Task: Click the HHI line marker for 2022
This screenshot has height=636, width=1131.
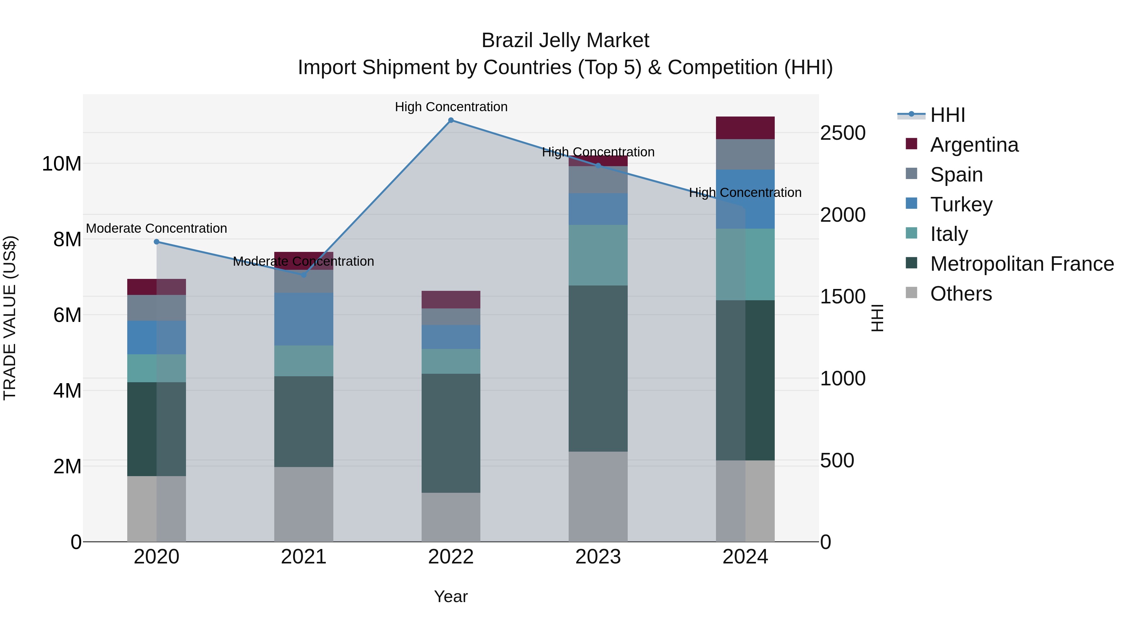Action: [451, 120]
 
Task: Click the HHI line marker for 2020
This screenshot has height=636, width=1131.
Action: [157, 242]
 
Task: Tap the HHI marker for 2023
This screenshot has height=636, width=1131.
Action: [598, 166]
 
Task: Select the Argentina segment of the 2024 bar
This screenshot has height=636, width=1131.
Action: [745, 128]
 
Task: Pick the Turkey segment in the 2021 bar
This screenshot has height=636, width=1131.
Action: [303, 319]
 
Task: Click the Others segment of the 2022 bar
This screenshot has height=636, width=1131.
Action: [451, 517]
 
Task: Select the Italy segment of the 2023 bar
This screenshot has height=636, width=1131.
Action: [598, 255]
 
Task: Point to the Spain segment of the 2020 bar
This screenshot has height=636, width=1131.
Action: [157, 308]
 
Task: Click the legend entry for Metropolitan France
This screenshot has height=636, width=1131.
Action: [1022, 264]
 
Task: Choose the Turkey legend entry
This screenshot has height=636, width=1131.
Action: [961, 204]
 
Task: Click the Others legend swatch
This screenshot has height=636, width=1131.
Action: [911, 293]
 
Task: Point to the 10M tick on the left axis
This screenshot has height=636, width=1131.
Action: [62, 164]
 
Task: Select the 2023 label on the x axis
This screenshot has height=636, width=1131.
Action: [598, 557]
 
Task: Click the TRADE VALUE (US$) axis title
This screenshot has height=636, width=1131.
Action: [10, 318]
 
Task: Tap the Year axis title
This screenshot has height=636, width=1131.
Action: [451, 596]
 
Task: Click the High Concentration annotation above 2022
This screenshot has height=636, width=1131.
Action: [451, 107]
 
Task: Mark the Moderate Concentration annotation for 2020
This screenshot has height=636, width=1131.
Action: [157, 228]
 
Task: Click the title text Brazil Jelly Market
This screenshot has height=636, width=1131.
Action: [565, 41]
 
